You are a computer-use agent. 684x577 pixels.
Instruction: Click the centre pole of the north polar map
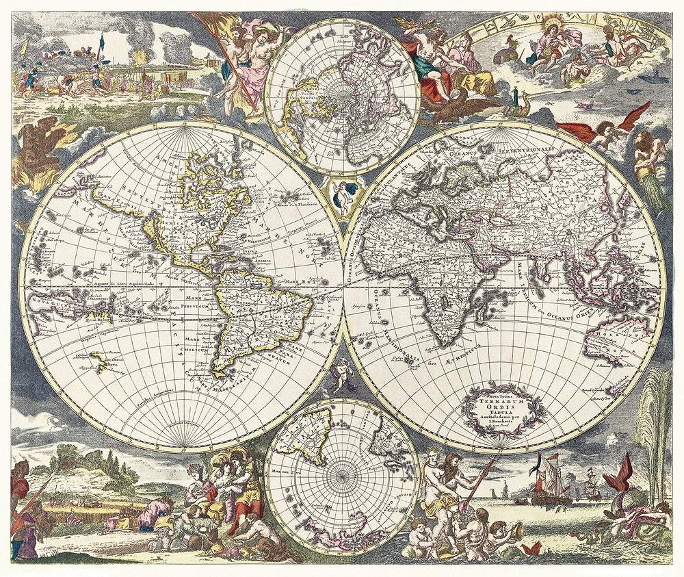point(341,95)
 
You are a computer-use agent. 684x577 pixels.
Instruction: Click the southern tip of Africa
point(445,342)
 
